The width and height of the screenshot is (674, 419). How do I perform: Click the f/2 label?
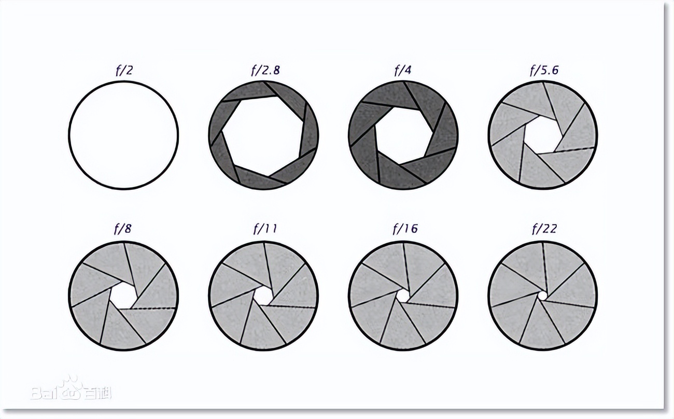click(124, 71)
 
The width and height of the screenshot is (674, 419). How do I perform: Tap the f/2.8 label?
click(265, 70)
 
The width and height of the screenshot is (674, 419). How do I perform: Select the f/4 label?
click(403, 71)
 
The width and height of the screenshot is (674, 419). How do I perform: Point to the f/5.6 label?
click(544, 70)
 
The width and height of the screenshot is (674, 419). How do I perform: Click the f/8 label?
click(123, 229)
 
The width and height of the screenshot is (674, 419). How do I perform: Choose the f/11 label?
click(265, 229)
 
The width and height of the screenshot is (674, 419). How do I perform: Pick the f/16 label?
click(405, 229)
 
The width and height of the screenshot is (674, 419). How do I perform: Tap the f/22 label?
click(544, 229)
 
